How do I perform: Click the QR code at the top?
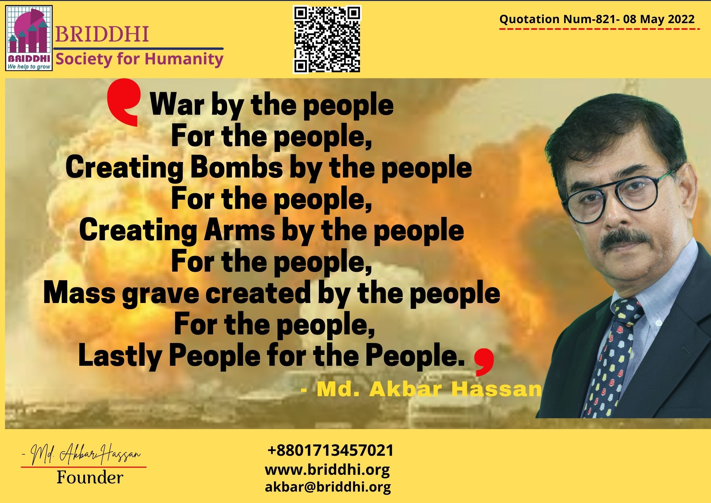click(327, 39)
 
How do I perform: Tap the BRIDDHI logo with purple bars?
click(29, 38)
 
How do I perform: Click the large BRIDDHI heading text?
click(102, 34)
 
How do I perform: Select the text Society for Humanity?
click(139, 59)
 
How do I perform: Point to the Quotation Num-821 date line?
click(597, 19)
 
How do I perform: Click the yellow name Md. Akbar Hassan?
click(421, 390)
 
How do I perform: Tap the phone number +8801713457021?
click(330, 450)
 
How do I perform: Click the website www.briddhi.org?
click(327, 470)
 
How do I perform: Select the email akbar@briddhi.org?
click(328, 487)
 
